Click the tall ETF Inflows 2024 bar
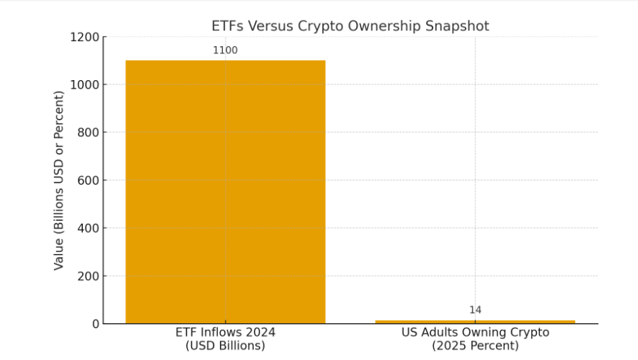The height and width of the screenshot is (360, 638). [225, 191]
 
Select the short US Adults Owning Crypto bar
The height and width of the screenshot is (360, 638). [475, 321]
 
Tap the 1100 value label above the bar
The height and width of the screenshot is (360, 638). [225, 51]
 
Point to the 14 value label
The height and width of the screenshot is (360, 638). [475, 310]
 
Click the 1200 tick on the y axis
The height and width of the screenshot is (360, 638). [84, 37]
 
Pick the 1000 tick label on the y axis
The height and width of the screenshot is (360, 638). [84, 84]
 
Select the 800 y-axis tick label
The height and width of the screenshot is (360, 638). [88, 132]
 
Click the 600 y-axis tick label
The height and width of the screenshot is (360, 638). [88, 180]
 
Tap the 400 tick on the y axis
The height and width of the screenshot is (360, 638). [88, 228]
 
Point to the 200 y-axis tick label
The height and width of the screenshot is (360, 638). [88, 276]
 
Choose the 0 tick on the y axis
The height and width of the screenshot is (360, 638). [95, 324]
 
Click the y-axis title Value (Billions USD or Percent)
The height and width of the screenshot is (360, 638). [58, 180]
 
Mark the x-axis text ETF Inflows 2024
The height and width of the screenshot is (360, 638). [225, 333]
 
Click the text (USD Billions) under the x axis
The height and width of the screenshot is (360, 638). [225, 346]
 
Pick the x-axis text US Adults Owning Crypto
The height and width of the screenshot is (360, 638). [475, 333]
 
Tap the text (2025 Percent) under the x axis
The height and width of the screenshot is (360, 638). [475, 346]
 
